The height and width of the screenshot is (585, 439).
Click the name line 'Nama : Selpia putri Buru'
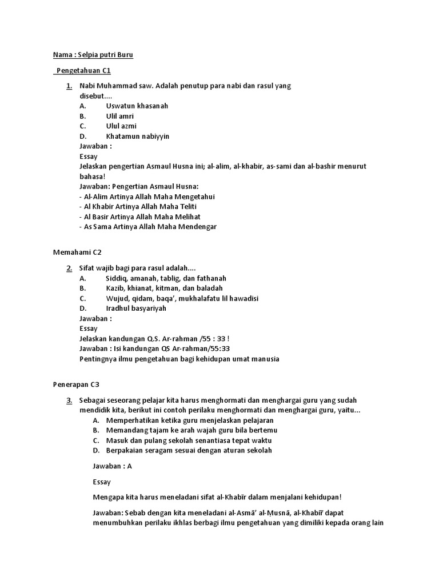click(x=93, y=55)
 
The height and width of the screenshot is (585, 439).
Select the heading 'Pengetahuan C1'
click(x=83, y=70)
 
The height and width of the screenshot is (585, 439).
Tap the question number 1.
click(x=69, y=86)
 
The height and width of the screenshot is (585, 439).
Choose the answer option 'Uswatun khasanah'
click(x=137, y=106)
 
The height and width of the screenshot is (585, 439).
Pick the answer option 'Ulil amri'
click(x=120, y=116)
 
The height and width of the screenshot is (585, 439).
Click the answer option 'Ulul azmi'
click(x=121, y=126)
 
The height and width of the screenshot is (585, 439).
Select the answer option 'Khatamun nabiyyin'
click(x=137, y=137)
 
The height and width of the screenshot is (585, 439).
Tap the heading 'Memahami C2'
click(x=77, y=252)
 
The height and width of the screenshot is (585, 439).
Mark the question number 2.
click(x=69, y=268)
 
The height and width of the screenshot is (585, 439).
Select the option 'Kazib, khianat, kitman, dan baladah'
click(x=164, y=288)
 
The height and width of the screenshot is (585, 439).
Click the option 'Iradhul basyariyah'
click(x=136, y=308)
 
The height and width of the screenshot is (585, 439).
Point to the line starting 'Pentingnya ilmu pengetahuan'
click(x=179, y=359)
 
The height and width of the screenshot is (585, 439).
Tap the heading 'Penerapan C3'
click(x=77, y=384)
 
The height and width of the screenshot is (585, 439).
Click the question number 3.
click(x=69, y=400)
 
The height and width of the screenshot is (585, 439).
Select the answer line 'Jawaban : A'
click(x=112, y=466)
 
